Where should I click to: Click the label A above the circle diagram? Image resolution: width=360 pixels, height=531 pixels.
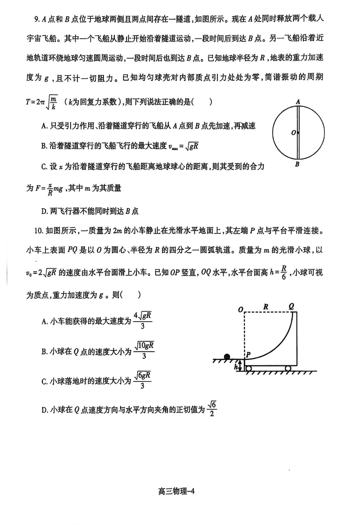(x=298, y=102)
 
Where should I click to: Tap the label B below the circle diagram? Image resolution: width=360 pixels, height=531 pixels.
(x=297, y=165)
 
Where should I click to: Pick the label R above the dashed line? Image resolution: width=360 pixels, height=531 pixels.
(x=266, y=306)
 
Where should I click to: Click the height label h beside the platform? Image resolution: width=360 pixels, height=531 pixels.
(x=236, y=367)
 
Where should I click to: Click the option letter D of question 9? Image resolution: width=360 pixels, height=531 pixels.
(x=44, y=210)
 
